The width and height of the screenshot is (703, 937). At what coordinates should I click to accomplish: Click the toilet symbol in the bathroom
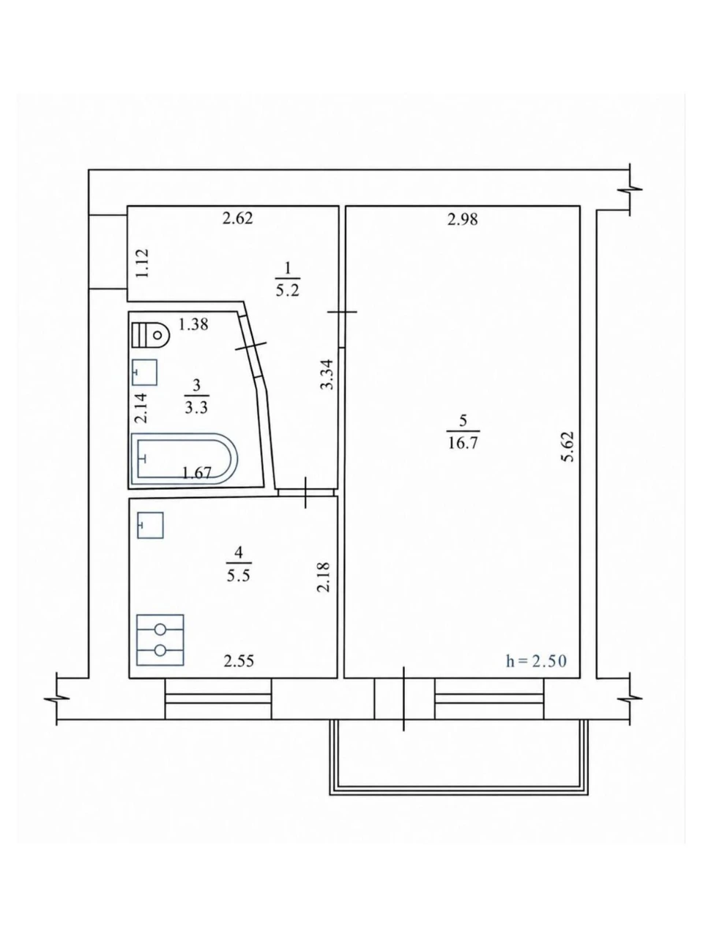pos(151,335)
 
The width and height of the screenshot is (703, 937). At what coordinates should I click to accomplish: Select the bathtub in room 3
pos(184,459)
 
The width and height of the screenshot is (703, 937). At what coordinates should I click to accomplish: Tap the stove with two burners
pos(160,640)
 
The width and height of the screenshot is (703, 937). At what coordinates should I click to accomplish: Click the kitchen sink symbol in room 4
pos(150,525)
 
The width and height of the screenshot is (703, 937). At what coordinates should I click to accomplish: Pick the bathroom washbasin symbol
pos(145,373)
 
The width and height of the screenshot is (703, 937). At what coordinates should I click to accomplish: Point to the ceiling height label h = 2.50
pos(536,661)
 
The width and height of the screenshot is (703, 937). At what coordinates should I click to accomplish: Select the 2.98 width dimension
pos(463,220)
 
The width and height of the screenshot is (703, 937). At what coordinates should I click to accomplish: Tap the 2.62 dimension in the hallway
pos(238,218)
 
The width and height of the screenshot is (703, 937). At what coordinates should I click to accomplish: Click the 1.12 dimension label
pos(143,264)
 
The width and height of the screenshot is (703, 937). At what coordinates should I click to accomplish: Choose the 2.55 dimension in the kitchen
pos(239,661)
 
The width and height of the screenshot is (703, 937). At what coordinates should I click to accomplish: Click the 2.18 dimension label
pos(324,576)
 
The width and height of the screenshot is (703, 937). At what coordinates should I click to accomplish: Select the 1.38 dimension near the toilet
pos(193,324)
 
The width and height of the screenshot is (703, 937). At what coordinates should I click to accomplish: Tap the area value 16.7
pos(463,443)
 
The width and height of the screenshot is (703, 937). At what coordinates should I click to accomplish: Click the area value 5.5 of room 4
pos(238,576)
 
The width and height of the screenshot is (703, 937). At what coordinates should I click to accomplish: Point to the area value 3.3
pos(196,408)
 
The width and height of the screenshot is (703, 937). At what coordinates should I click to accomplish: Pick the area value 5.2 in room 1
pos(287,291)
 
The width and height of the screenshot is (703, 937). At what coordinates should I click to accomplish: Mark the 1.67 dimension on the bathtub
pos(197,473)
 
